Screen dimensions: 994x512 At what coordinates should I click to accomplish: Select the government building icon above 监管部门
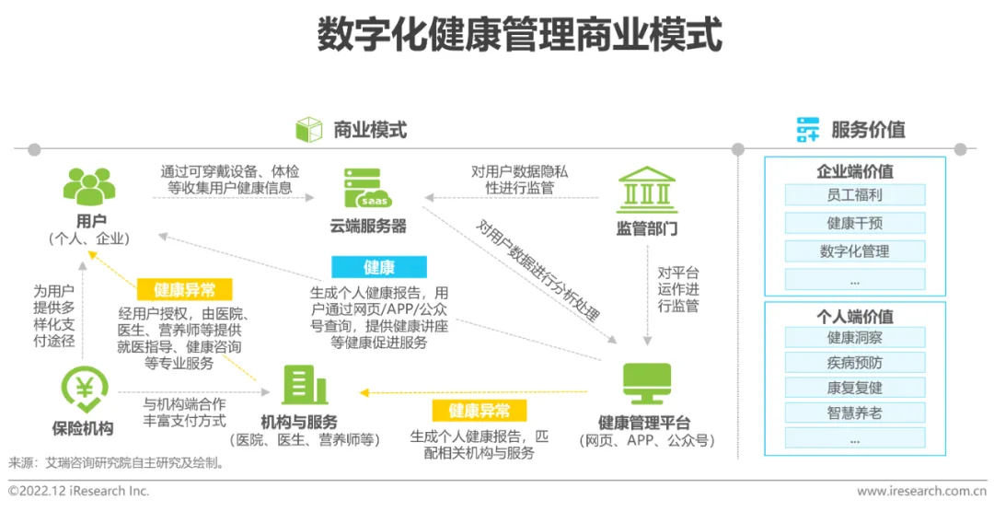coord(646,190)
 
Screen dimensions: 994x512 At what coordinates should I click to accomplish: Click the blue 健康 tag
coord(379,268)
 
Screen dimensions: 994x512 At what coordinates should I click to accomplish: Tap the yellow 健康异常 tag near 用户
coord(185,290)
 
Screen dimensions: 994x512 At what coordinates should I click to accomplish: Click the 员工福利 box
coord(854,195)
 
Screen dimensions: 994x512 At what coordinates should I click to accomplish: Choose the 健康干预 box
coord(854,223)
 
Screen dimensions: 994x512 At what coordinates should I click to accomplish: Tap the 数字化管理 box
coord(854,250)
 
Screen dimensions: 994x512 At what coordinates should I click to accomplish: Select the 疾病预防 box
coord(854,362)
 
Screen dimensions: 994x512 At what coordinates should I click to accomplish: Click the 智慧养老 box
coord(854,412)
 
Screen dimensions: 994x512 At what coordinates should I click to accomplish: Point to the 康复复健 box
coord(854,387)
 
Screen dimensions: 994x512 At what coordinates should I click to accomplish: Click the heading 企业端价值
coord(854,171)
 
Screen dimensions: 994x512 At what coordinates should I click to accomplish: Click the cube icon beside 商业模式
coord(309,130)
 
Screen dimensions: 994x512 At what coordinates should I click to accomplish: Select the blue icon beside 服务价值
coord(808,130)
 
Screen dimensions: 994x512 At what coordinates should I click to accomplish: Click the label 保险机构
coord(83,428)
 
